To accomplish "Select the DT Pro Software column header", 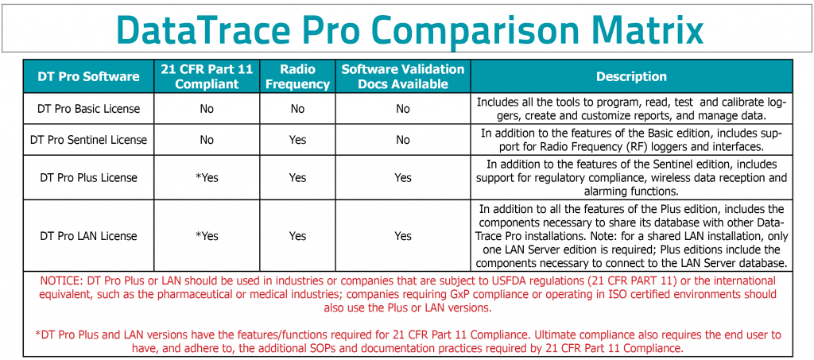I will click(x=88, y=77).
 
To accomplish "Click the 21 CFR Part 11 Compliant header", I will click(x=207, y=77).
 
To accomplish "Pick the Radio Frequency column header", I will click(x=297, y=77).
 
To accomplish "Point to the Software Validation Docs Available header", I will click(x=403, y=77).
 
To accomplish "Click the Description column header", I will click(x=632, y=77).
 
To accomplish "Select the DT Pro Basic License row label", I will click(x=88, y=108).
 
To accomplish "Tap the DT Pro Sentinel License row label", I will click(x=88, y=140).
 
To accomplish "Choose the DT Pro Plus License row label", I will click(x=88, y=178).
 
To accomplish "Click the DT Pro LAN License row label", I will click(x=88, y=236).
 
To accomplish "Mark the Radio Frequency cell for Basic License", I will click(x=297, y=108).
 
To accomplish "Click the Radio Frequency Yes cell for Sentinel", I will click(x=297, y=140).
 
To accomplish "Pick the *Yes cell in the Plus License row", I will click(x=207, y=178).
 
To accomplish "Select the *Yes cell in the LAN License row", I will click(x=207, y=236).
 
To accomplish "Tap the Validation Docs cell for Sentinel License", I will click(x=403, y=140).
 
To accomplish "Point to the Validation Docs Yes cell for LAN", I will click(x=403, y=236).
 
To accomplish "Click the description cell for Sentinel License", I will click(x=632, y=140).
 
